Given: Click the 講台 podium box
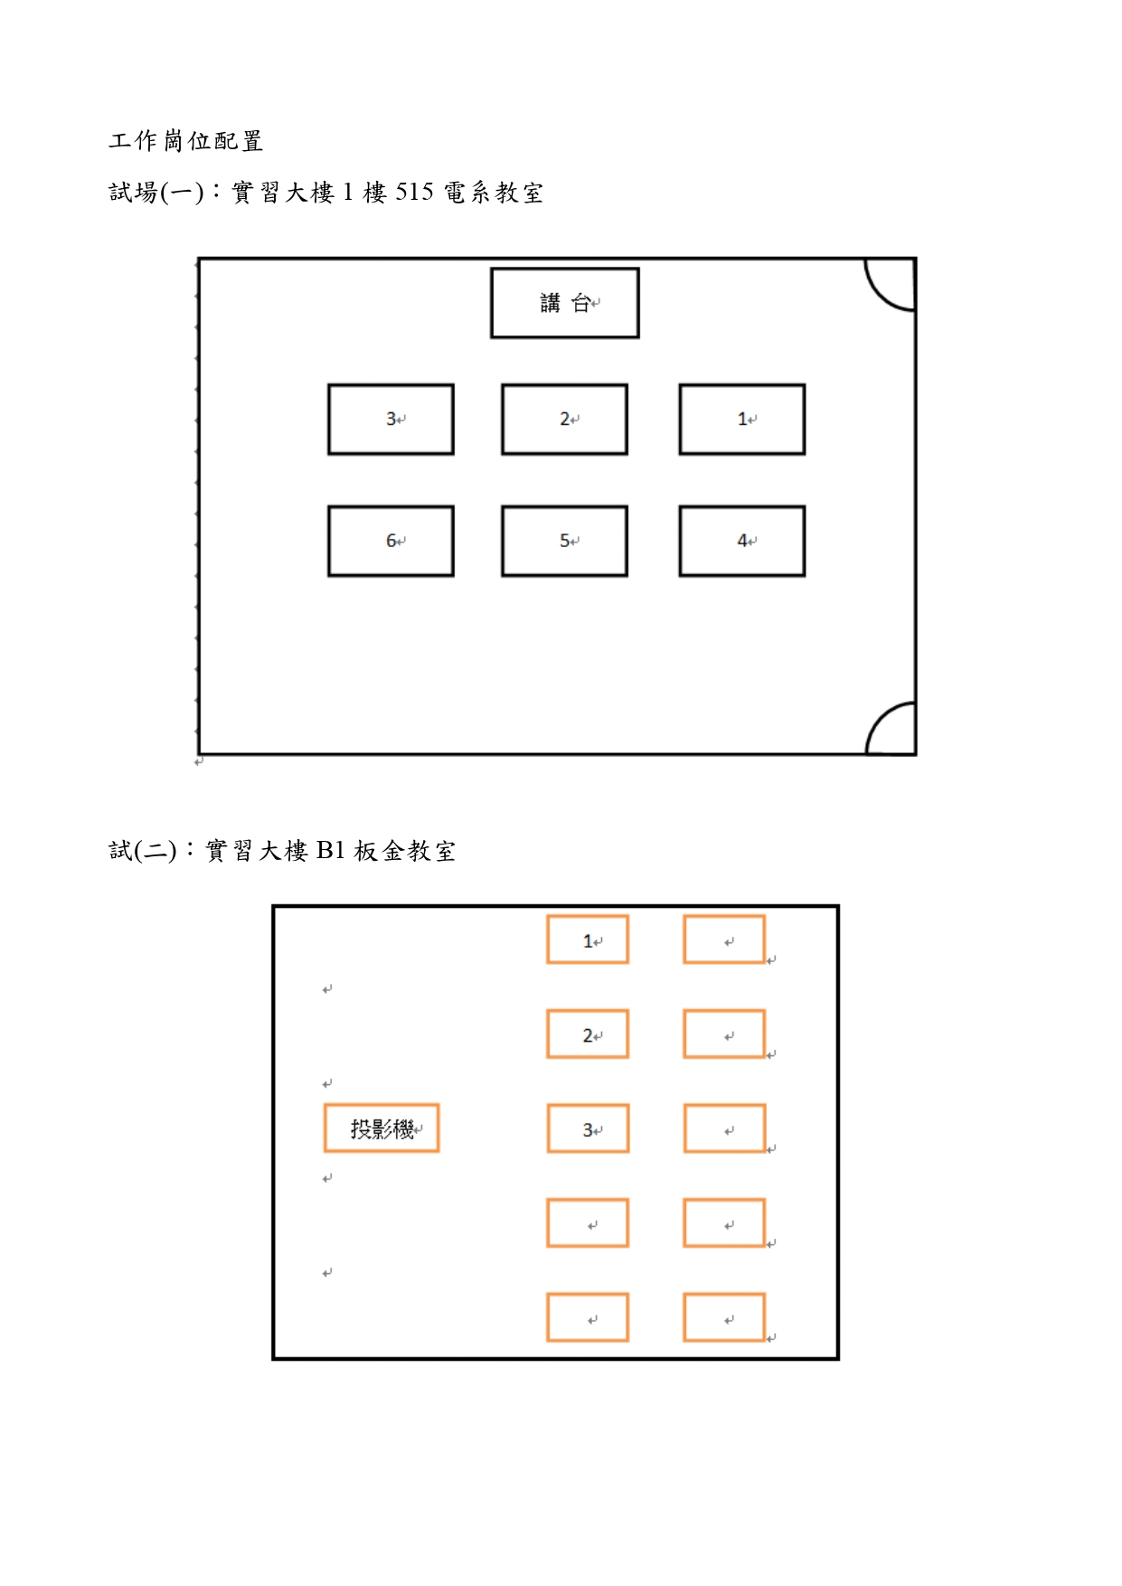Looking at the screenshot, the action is click(565, 303).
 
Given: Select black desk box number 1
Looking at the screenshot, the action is click(742, 420).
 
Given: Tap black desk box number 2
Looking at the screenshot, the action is click(565, 420).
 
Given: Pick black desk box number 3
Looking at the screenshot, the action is click(391, 420).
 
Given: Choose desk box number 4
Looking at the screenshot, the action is click(742, 541).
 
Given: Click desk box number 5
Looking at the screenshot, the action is click(565, 541).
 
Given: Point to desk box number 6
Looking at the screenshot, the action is click(391, 541).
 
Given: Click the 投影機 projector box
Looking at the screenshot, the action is click(382, 1128).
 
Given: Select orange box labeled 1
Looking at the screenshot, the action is click(588, 939).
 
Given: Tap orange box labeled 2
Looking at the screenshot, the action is click(588, 1034).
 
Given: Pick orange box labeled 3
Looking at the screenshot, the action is click(588, 1128).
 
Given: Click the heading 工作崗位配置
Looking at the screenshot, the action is click(186, 141).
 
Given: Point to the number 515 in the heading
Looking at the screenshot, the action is click(414, 193).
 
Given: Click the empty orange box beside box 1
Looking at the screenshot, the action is click(724, 939).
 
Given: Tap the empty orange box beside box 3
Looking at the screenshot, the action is click(724, 1128).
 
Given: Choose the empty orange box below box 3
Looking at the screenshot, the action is click(588, 1223).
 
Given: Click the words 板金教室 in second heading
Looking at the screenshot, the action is click(405, 851).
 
